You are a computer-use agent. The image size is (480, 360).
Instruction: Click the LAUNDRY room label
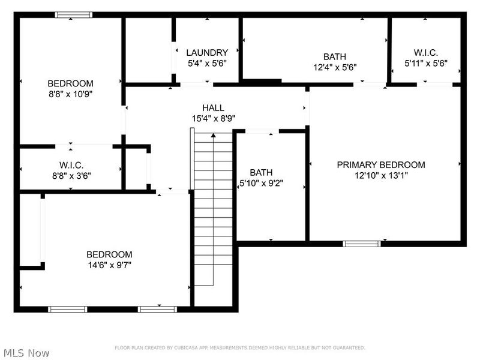(x=206, y=52)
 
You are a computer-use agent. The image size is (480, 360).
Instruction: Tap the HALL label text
(x=213, y=107)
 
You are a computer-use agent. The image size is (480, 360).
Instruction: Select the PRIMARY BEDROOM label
(x=380, y=165)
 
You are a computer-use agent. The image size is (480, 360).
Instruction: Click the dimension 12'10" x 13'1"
(x=380, y=176)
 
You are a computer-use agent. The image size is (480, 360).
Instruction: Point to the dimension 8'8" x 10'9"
(x=70, y=94)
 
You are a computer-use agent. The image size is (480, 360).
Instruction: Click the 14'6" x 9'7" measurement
(x=109, y=265)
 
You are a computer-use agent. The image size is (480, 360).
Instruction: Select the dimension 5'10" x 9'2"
(x=261, y=183)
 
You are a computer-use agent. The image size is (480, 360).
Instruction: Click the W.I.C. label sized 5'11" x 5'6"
(x=425, y=52)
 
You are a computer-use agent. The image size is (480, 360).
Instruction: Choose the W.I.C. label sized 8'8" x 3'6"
(x=71, y=165)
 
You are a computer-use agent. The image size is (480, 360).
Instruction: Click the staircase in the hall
(x=214, y=210)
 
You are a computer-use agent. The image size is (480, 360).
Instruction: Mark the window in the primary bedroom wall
(x=361, y=244)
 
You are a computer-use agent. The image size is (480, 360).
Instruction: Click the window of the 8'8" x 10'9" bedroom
(x=73, y=15)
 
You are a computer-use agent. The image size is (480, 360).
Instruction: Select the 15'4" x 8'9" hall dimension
(x=213, y=118)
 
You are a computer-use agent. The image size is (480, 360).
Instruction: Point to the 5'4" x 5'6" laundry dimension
(x=206, y=62)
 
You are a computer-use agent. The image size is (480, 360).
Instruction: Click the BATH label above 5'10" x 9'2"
(x=261, y=172)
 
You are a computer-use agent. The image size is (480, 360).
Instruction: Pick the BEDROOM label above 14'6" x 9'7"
(x=109, y=254)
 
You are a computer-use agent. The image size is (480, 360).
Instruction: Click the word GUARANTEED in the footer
(x=346, y=348)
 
